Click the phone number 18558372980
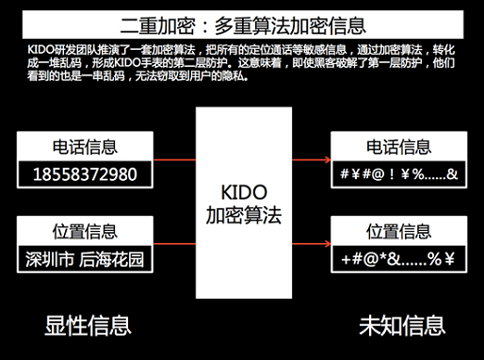tap(85, 174)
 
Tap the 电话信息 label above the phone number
tap(85, 147)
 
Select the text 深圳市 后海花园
tap(85, 258)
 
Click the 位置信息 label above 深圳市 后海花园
tap(85, 231)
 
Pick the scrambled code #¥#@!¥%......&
tap(396, 174)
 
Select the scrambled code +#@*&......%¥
tap(396, 258)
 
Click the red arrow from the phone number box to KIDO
tap(174, 161)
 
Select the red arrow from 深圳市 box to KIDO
tap(174, 244)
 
